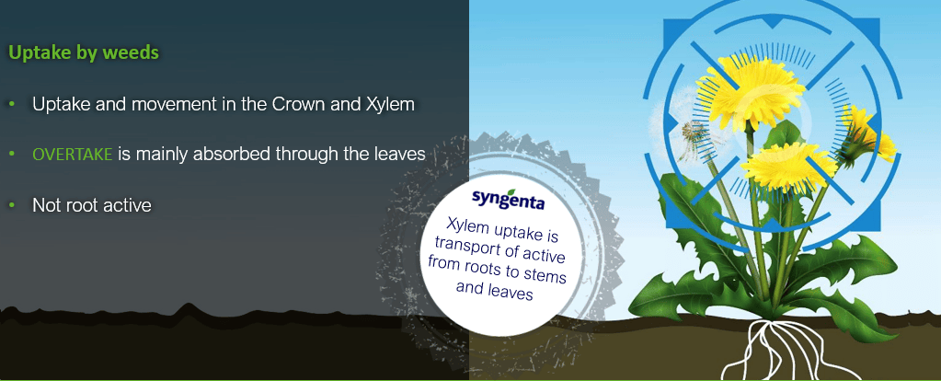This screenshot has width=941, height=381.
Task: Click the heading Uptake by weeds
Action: point(84,52)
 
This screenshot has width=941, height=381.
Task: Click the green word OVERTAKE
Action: point(73,155)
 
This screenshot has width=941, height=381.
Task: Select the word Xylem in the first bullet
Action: point(390,104)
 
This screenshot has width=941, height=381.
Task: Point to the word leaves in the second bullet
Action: point(398,155)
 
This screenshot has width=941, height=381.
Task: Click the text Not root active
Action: point(92,205)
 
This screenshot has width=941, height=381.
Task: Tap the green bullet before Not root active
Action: point(11,205)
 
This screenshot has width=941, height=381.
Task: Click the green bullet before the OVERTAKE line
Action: point(11,155)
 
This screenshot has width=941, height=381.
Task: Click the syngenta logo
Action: point(508,199)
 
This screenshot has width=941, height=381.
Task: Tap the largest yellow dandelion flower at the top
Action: point(752,90)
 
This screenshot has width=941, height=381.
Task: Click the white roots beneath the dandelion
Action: point(779,352)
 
